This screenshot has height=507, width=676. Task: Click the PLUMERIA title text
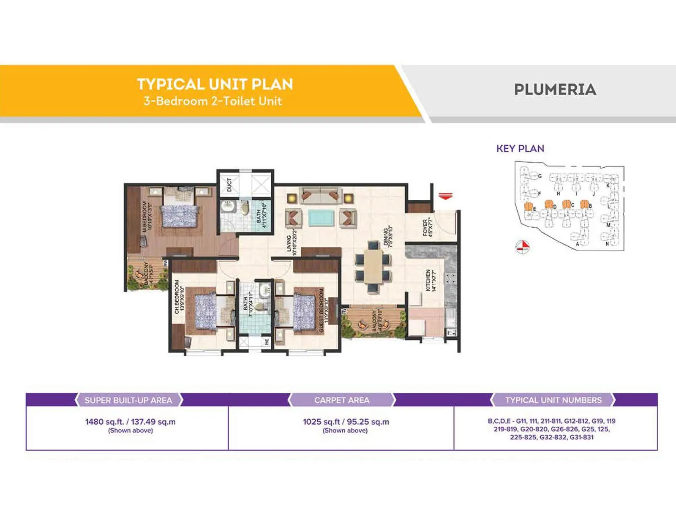point(555,90)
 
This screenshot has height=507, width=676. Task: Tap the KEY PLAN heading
point(520,149)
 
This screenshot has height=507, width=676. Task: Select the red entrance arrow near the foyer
point(445,196)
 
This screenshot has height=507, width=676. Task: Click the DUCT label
point(229,185)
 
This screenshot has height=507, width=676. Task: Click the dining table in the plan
point(373,266)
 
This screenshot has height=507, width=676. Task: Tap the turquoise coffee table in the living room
point(321,218)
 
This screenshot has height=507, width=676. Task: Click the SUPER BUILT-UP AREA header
point(128,400)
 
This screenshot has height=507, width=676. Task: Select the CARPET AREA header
point(342,400)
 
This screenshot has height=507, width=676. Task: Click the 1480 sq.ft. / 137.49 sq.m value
point(130,422)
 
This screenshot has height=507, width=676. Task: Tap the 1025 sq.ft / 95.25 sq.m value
point(346,422)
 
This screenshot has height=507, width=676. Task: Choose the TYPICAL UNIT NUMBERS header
point(553,400)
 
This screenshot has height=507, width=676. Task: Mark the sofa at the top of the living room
point(320,195)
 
